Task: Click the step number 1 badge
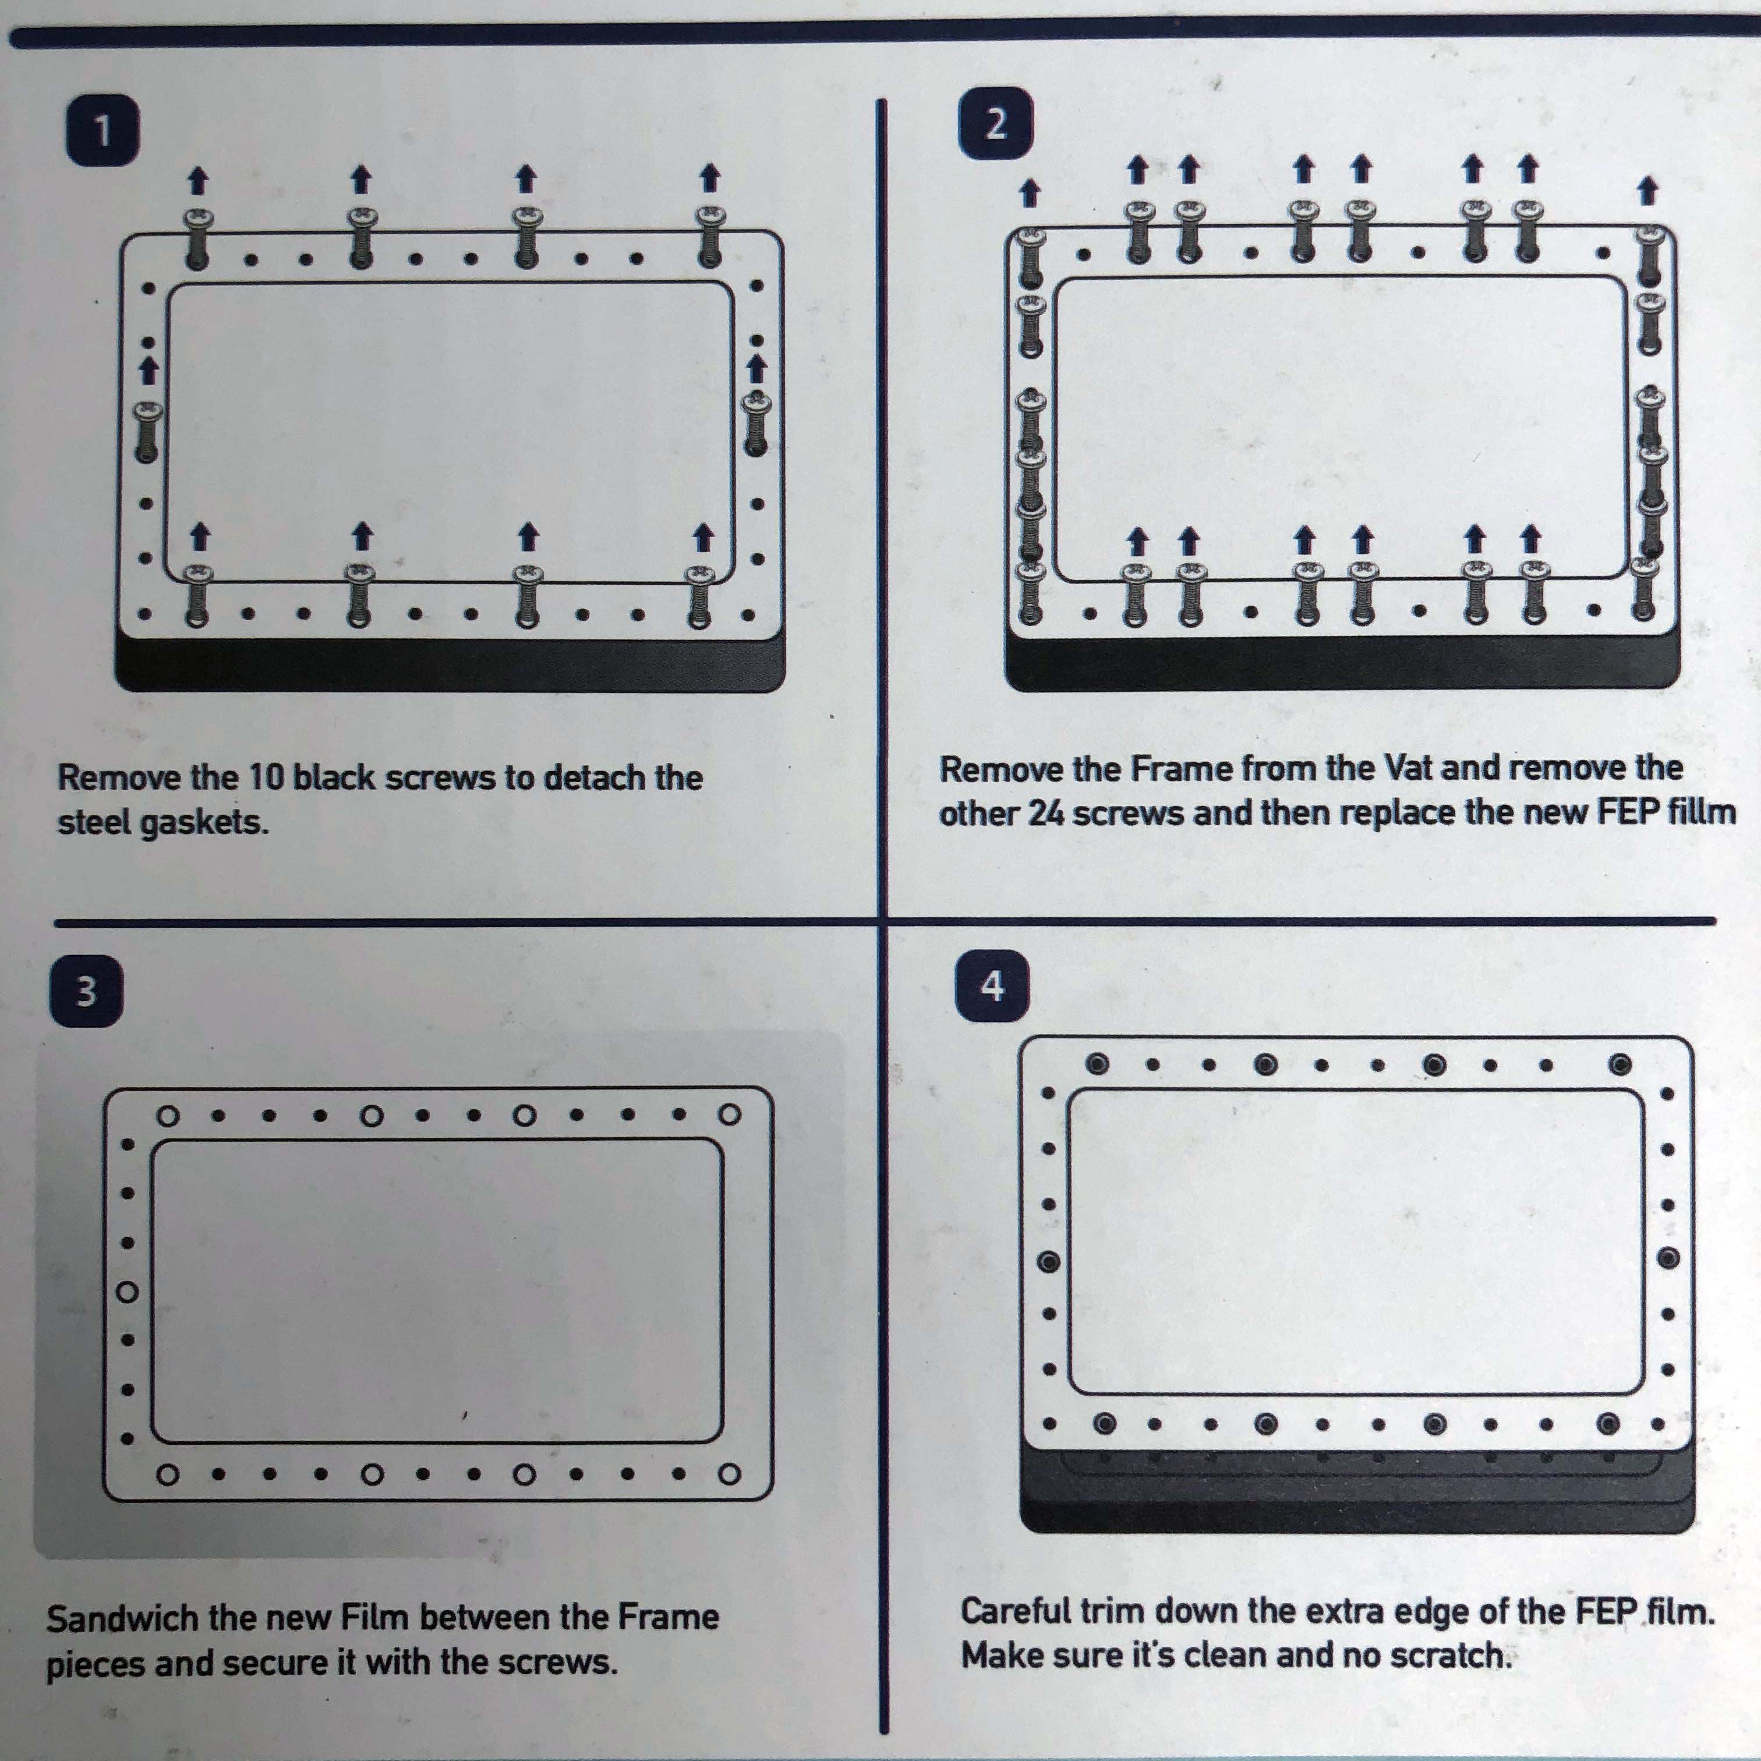click(104, 130)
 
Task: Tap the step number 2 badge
click(996, 124)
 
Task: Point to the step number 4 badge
click(993, 986)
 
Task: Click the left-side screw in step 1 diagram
click(147, 432)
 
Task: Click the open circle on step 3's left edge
click(128, 1292)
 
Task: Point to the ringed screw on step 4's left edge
click(1048, 1263)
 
